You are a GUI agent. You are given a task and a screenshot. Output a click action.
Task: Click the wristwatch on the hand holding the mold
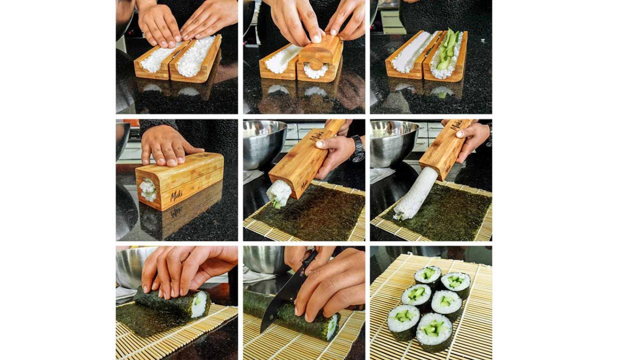click(x=357, y=149)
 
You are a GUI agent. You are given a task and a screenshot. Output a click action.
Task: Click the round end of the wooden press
click(x=315, y=64)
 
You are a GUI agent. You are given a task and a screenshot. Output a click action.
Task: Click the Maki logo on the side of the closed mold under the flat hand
click(x=176, y=195)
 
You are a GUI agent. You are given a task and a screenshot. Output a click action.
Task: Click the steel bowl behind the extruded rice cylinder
click(x=392, y=142)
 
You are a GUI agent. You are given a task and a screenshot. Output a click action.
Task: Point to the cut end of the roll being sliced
click(x=332, y=327)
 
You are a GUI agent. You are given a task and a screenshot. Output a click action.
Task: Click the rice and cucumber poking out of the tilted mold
click(x=279, y=194)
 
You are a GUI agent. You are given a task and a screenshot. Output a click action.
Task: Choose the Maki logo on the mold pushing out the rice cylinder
click(x=456, y=125)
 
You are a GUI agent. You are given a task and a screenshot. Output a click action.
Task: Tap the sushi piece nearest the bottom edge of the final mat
click(x=433, y=330)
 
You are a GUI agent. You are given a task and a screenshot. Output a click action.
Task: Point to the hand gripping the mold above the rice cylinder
click(x=472, y=136)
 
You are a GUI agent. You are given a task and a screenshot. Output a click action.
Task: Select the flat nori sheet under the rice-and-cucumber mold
click(x=320, y=212)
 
